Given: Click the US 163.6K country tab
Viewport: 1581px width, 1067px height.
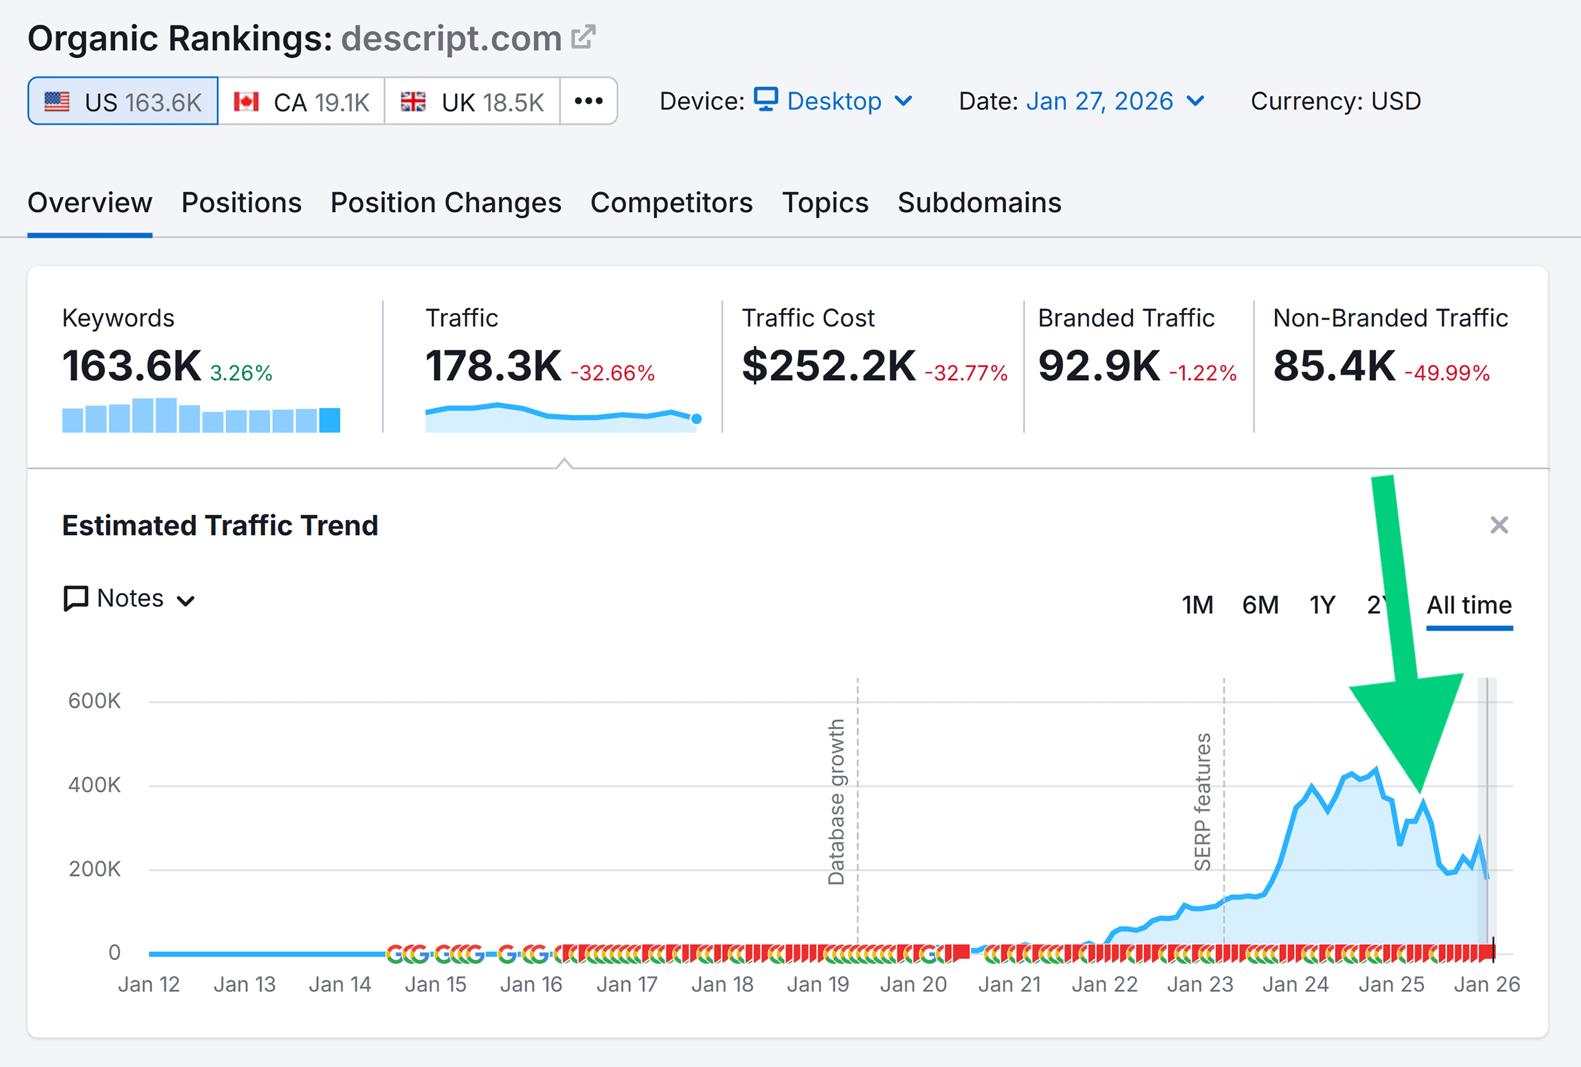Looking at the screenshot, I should [x=123, y=101].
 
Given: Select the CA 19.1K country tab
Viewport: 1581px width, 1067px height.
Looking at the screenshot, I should [x=302, y=101].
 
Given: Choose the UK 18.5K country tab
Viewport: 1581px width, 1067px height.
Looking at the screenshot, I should [x=472, y=101].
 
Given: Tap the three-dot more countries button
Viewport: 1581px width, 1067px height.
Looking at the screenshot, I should [x=589, y=101].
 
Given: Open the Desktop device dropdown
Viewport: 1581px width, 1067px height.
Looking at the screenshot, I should [x=834, y=101].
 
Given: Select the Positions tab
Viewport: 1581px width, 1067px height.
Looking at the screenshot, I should [x=242, y=203].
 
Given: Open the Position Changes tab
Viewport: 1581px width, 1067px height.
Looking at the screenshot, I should [x=446, y=203].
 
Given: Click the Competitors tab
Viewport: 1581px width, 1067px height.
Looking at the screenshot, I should [x=672, y=203].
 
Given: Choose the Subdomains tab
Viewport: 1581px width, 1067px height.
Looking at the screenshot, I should [x=979, y=203].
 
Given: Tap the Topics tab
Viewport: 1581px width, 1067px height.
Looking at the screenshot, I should [x=825, y=203].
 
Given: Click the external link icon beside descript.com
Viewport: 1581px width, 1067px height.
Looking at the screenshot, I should [x=583, y=37].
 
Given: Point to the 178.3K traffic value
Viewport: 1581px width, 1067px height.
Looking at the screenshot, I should [x=493, y=366].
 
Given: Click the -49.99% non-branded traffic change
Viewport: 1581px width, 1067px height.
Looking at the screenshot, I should [x=1447, y=373].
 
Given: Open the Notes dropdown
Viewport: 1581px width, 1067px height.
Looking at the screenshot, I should [x=129, y=599].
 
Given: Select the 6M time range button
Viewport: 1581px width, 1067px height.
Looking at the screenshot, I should [x=1260, y=604].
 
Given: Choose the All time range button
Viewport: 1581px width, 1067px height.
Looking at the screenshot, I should [x=1469, y=604].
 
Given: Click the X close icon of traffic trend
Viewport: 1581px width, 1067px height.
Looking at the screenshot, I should [x=1499, y=525].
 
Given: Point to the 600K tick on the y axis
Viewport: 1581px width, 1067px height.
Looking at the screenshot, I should [x=95, y=701].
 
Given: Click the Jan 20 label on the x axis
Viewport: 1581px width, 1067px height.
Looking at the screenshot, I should [x=913, y=984].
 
